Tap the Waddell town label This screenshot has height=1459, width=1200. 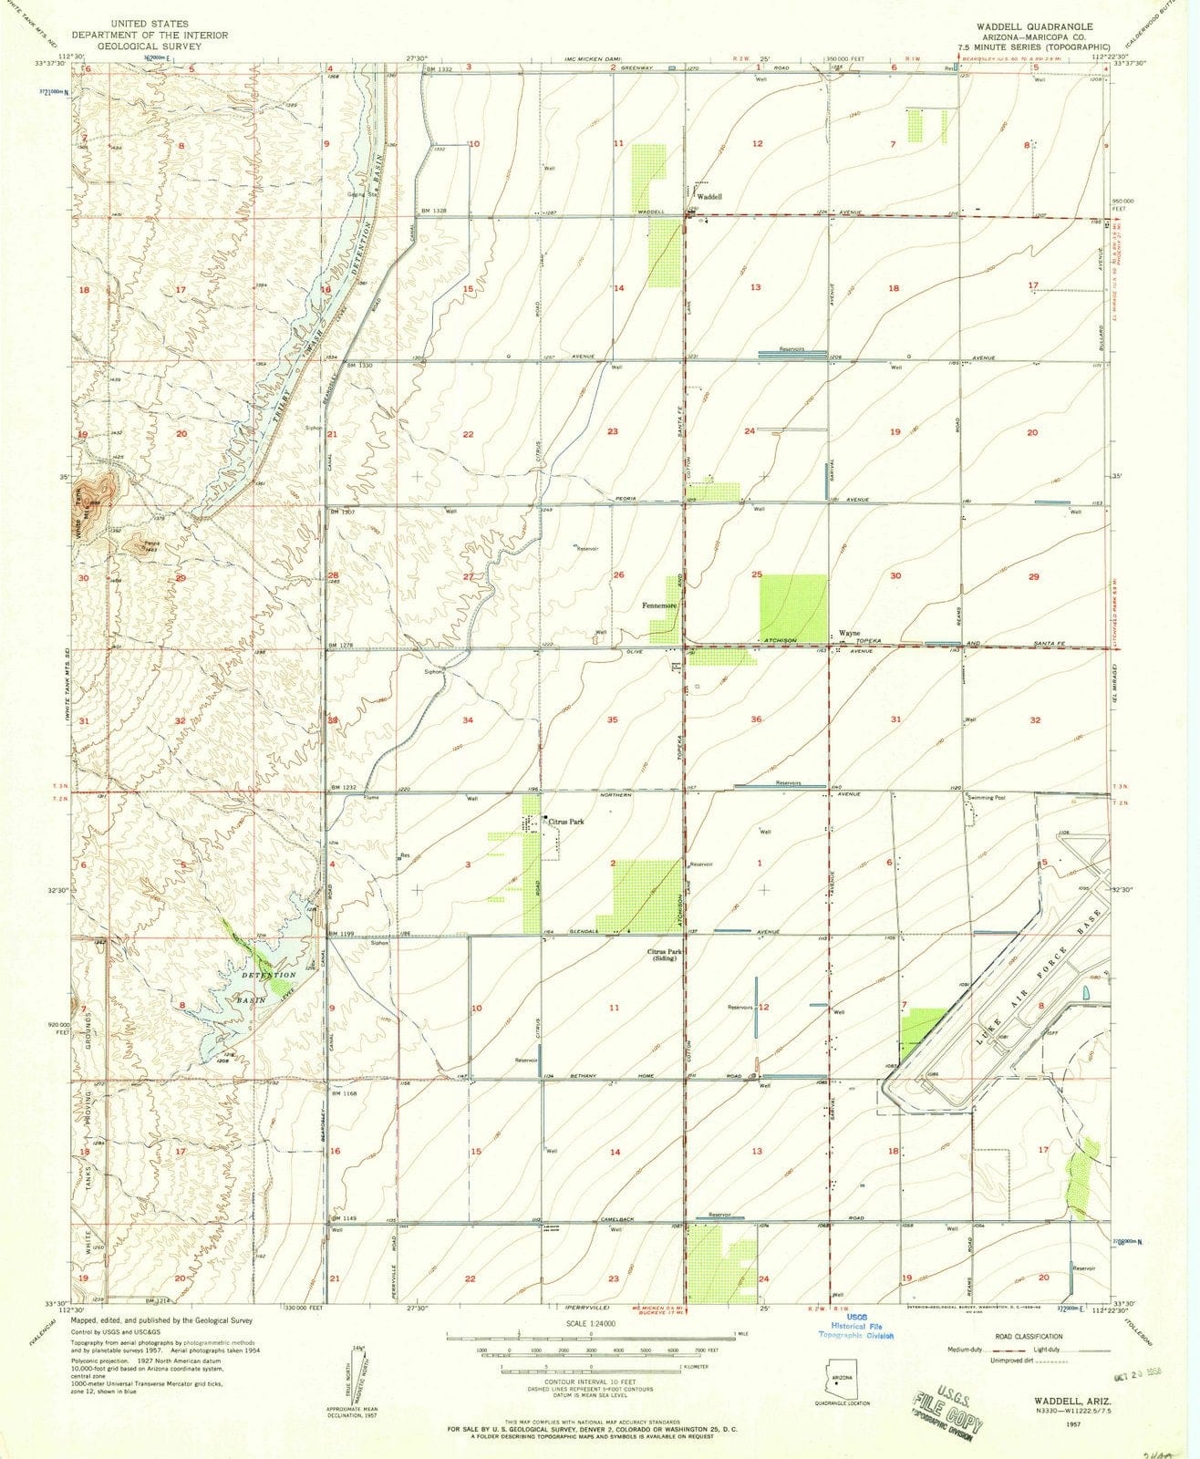click(709, 196)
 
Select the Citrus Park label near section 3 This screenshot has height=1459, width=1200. click(565, 822)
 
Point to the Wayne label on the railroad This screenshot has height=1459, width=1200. click(849, 633)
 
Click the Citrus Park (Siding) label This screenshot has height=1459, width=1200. click(667, 955)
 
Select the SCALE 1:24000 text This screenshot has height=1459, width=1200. click(590, 1323)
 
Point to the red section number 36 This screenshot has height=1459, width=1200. click(756, 719)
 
